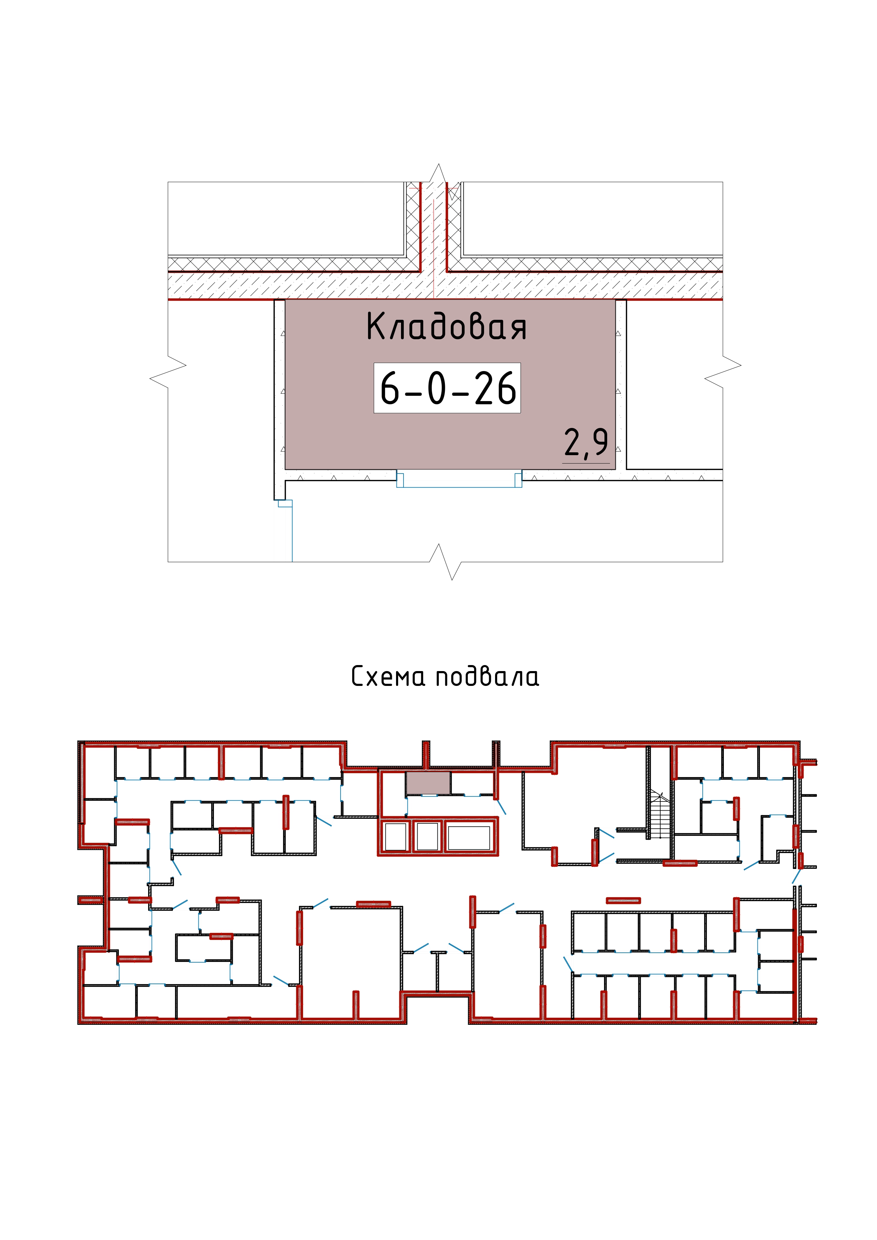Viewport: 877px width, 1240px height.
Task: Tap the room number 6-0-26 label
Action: click(447, 388)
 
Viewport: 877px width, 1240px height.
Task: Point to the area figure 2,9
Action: click(586, 443)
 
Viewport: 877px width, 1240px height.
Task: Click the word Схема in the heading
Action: click(388, 676)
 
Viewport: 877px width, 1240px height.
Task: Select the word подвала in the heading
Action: click(487, 676)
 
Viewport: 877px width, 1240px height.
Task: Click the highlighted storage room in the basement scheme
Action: click(428, 783)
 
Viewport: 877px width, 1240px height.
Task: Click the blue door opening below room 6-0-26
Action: click(459, 479)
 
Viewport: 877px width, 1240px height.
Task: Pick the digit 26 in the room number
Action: click(495, 389)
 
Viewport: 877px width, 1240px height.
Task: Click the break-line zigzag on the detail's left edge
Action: click(168, 371)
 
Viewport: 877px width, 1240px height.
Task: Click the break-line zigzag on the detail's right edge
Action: click(723, 371)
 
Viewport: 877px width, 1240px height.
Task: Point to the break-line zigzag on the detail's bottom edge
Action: click(445, 562)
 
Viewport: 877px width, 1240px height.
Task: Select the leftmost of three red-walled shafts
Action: click(395, 836)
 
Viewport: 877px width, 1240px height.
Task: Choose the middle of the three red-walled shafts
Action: click(428, 836)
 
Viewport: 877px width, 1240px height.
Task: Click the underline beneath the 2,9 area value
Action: click(586, 463)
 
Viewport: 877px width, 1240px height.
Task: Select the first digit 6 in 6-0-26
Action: click(390, 389)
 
